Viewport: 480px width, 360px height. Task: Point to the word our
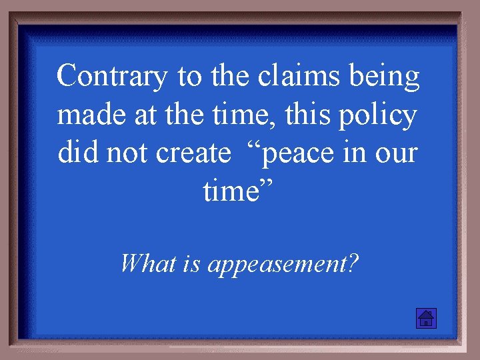[398, 155]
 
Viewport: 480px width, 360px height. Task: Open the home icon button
[425, 319]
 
